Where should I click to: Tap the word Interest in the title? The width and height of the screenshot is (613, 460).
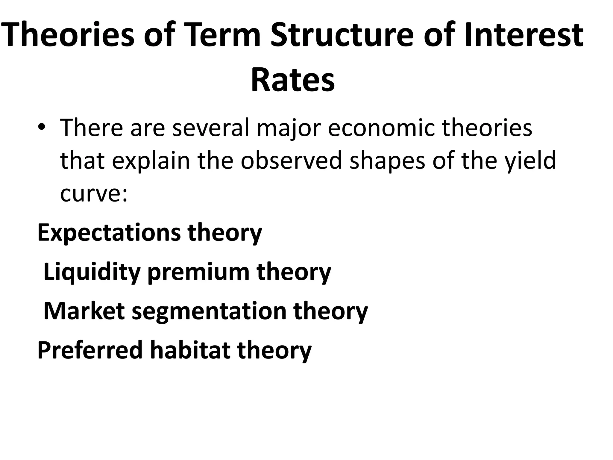[x=524, y=35]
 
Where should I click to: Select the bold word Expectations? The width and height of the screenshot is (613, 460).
[x=109, y=233]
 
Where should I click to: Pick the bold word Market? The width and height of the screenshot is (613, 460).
[x=84, y=311]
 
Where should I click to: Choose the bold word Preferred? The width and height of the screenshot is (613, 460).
[x=90, y=350]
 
